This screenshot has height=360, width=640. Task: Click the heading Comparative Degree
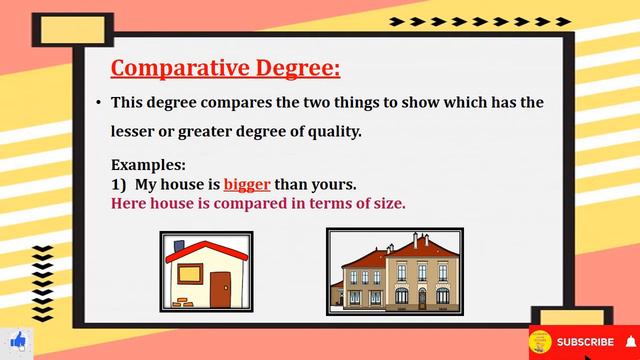click(x=225, y=68)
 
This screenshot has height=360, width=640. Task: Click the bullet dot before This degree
click(x=99, y=103)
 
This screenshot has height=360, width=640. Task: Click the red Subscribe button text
click(x=585, y=342)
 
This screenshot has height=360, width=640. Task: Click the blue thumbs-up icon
click(x=17, y=341)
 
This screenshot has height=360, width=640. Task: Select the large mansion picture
click(x=394, y=272)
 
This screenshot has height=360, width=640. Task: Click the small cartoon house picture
click(x=206, y=272)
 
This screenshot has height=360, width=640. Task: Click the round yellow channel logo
click(x=540, y=342)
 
